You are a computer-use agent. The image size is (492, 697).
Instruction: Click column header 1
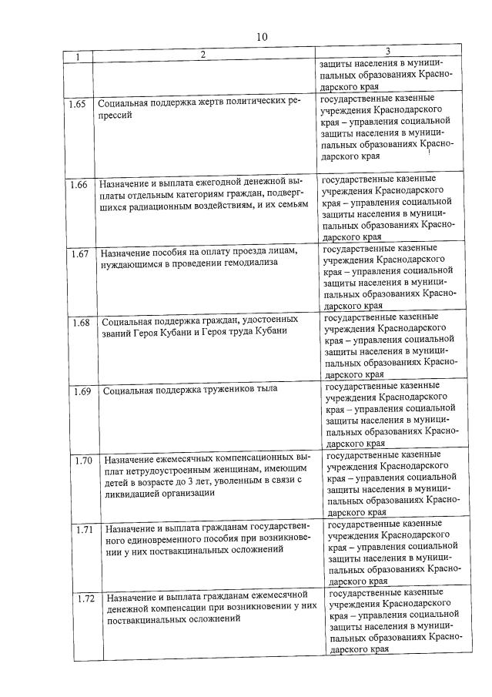78,56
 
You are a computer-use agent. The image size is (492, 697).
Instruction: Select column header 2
203,55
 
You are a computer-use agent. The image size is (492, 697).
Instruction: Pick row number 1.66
79,184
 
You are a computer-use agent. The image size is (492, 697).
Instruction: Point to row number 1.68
81,322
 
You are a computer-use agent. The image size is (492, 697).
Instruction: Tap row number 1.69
82,391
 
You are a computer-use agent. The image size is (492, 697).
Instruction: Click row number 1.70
84,461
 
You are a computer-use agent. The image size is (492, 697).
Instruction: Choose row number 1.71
85,529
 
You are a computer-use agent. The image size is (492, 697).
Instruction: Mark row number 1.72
87,598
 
